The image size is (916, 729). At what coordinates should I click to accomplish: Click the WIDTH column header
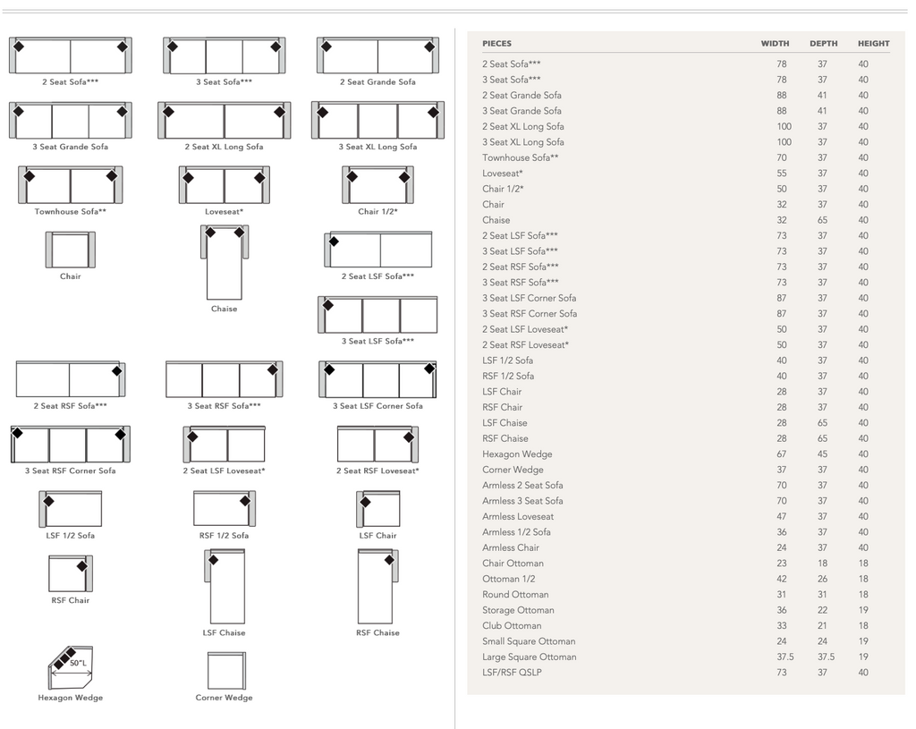775,44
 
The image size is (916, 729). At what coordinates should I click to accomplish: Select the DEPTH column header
823,44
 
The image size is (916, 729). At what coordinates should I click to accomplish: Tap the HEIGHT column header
873,44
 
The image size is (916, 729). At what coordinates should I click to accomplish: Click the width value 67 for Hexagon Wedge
782,454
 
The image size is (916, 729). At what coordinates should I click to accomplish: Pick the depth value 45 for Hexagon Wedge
822,454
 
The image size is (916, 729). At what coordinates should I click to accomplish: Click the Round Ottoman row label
515,595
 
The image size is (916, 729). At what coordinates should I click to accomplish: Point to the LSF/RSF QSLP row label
512,673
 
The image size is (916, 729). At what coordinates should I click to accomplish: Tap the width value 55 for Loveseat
782,174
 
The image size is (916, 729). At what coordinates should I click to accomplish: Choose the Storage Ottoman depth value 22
822,610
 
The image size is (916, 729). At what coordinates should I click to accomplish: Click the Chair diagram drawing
70,250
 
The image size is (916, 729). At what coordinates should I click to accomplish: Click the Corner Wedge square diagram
225,670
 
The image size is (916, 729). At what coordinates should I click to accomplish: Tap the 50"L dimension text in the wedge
79,664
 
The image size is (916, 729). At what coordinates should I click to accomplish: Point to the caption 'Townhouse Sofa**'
71,212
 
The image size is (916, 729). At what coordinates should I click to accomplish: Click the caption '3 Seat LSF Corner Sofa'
377,406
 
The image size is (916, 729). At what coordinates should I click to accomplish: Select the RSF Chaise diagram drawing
377,586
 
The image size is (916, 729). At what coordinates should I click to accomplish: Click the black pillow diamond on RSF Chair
82,565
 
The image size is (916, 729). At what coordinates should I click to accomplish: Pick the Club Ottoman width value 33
782,626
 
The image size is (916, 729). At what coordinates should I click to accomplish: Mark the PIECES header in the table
496,44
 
